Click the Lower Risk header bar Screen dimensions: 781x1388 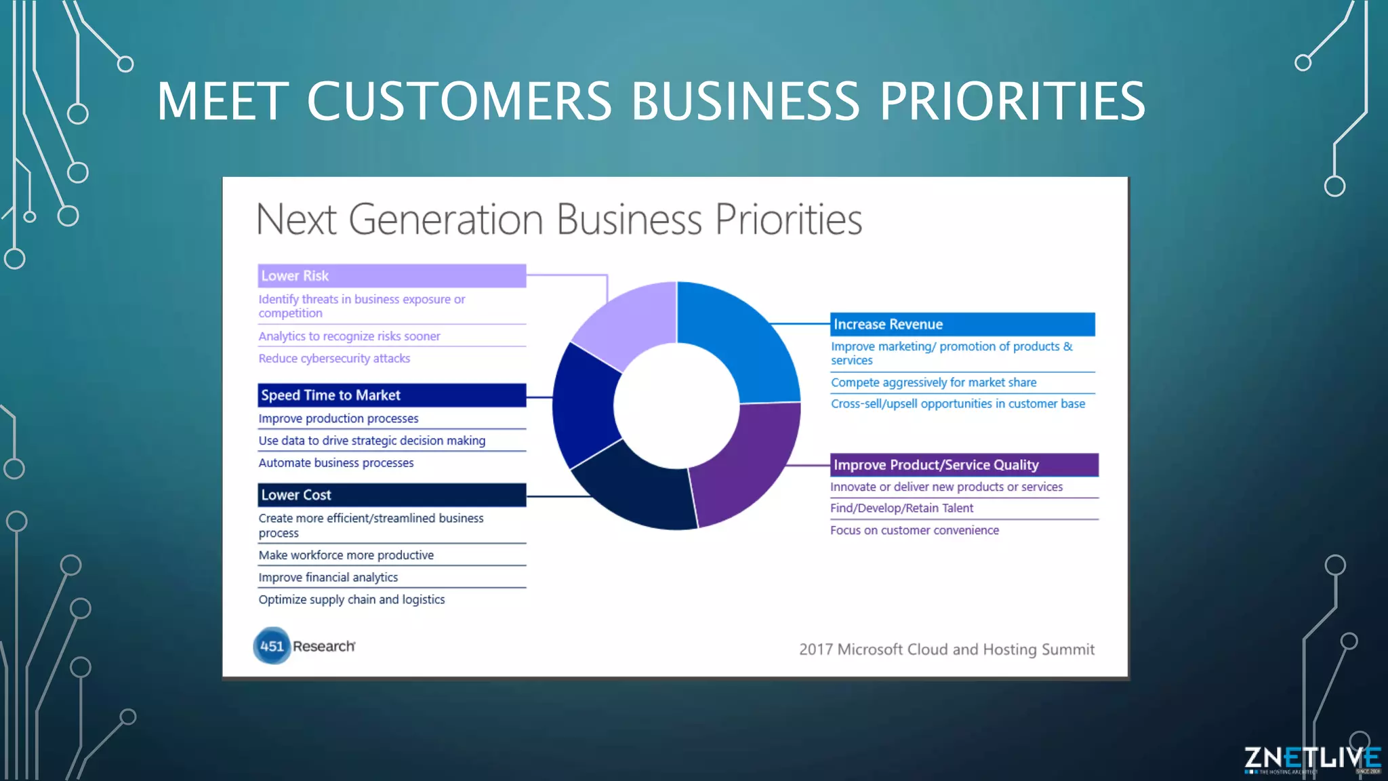point(392,276)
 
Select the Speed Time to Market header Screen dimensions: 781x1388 point(392,395)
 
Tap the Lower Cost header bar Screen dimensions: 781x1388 point(392,495)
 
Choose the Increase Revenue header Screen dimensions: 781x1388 point(962,324)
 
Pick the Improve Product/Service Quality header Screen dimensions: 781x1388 point(964,465)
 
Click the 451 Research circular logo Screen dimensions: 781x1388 point(272,645)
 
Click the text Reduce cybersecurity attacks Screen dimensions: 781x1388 point(334,359)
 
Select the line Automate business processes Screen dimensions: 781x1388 point(336,463)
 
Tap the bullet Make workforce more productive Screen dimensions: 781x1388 point(346,555)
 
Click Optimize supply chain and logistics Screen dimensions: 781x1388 point(352,600)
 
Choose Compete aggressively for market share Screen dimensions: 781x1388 point(933,382)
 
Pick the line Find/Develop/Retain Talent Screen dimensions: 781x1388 point(901,508)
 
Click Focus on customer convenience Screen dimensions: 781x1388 point(914,530)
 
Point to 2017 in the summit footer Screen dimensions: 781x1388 point(815,649)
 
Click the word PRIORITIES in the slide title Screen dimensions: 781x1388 point(1012,102)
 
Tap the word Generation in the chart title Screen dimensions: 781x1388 point(446,220)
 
